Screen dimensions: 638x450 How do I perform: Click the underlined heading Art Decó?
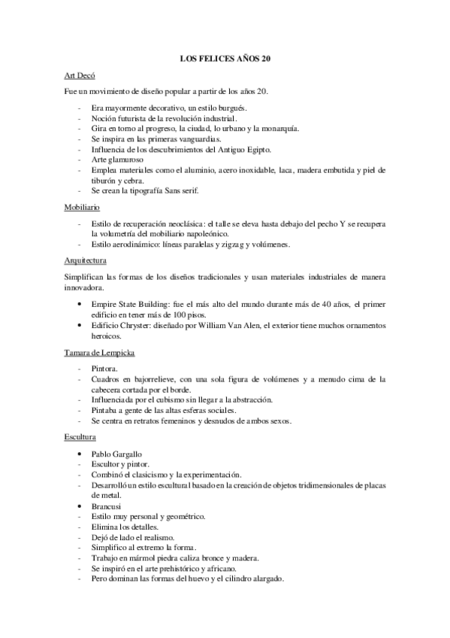[79, 76]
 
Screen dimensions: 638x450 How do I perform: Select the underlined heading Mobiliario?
[82, 206]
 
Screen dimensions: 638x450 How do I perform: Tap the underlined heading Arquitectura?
[86, 260]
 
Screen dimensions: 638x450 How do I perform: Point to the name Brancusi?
[107, 507]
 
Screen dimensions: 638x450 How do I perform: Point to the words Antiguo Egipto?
[244, 150]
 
